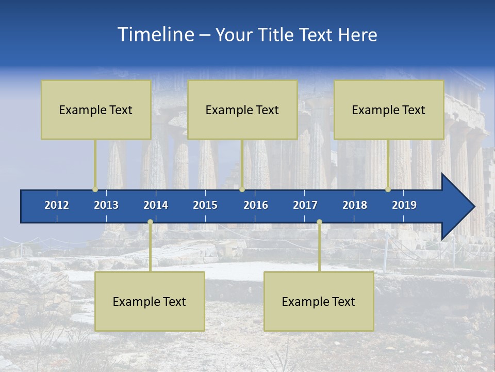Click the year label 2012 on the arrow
[x=57, y=205]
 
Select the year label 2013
[x=106, y=205]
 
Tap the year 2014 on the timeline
[x=156, y=205]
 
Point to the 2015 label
[x=205, y=205]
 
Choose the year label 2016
[x=256, y=205]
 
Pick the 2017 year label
[x=305, y=205]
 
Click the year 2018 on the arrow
[x=355, y=205]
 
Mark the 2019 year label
[x=404, y=205]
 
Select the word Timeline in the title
[x=155, y=35]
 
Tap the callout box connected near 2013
[x=96, y=110]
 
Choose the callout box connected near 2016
[x=242, y=110]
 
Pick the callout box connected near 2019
[x=389, y=110]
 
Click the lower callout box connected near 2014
[x=150, y=301]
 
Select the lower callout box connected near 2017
[x=319, y=301]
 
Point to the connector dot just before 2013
[x=95, y=189]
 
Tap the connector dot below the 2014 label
[x=150, y=222]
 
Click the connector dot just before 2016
[x=242, y=189]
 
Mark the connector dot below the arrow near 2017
[x=319, y=222]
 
